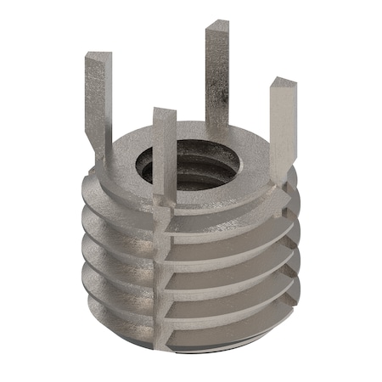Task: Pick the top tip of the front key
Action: point(163,112)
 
